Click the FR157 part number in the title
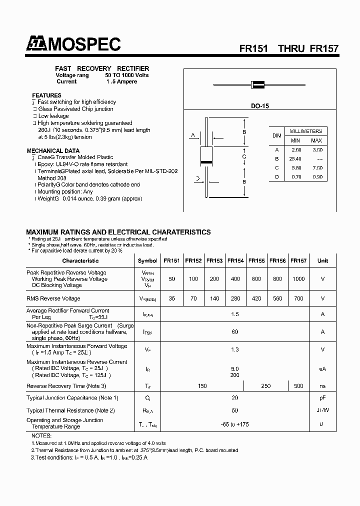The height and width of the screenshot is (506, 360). [324, 49]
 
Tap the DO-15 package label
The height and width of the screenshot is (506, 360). [260, 106]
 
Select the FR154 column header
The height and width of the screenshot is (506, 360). [235, 260]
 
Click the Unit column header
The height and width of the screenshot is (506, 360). [322, 260]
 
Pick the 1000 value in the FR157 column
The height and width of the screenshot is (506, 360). [298, 279]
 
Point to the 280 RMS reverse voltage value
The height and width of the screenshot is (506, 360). [235, 298]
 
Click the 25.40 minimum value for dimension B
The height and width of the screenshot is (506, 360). [295, 158]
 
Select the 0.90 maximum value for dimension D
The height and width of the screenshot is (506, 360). [316, 176]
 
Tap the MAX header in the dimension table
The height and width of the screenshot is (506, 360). [316, 140]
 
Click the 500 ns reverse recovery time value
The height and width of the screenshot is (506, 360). [298, 386]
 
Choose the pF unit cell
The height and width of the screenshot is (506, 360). [322, 398]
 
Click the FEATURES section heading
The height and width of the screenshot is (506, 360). [46, 95]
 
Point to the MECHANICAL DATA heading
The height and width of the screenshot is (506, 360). [52, 150]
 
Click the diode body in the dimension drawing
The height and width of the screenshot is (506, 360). [205, 156]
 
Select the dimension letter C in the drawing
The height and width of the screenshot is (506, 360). [244, 156]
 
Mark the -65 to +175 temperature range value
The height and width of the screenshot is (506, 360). [235, 424]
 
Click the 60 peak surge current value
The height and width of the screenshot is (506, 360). [235, 331]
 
